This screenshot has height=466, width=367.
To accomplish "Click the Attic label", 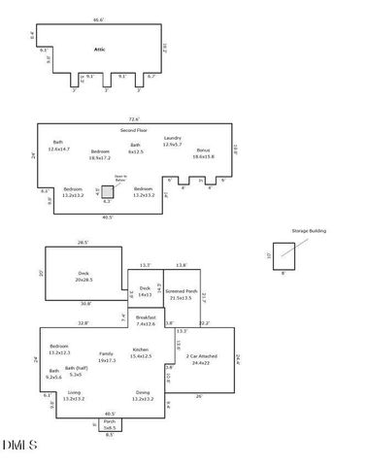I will [x=98, y=47].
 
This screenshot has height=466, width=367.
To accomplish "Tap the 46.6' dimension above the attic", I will [x=98, y=19].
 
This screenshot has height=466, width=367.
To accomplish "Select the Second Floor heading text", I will [x=133, y=129].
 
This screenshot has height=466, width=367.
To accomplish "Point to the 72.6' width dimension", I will [x=133, y=119].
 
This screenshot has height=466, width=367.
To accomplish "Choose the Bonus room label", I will [x=203, y=152].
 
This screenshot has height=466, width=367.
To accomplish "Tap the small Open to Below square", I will [x=108, y=192].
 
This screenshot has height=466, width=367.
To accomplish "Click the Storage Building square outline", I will [x=284, y=255].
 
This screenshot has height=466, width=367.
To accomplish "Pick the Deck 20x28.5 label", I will [x=83, y=277].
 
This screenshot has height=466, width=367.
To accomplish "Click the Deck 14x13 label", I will [x=145, y=290].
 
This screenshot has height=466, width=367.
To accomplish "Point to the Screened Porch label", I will [x=181, y=294].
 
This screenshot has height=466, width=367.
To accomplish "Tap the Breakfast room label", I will [x=147, y=319].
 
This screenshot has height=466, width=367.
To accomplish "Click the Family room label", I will [x=106, y=356].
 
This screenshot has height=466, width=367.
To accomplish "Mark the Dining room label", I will [x=143, y=395].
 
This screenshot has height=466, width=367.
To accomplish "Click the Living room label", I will [x=74, y=395].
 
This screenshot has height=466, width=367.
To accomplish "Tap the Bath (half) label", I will [x=88, y=372].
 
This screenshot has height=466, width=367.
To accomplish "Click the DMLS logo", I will [x=19, y=446].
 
